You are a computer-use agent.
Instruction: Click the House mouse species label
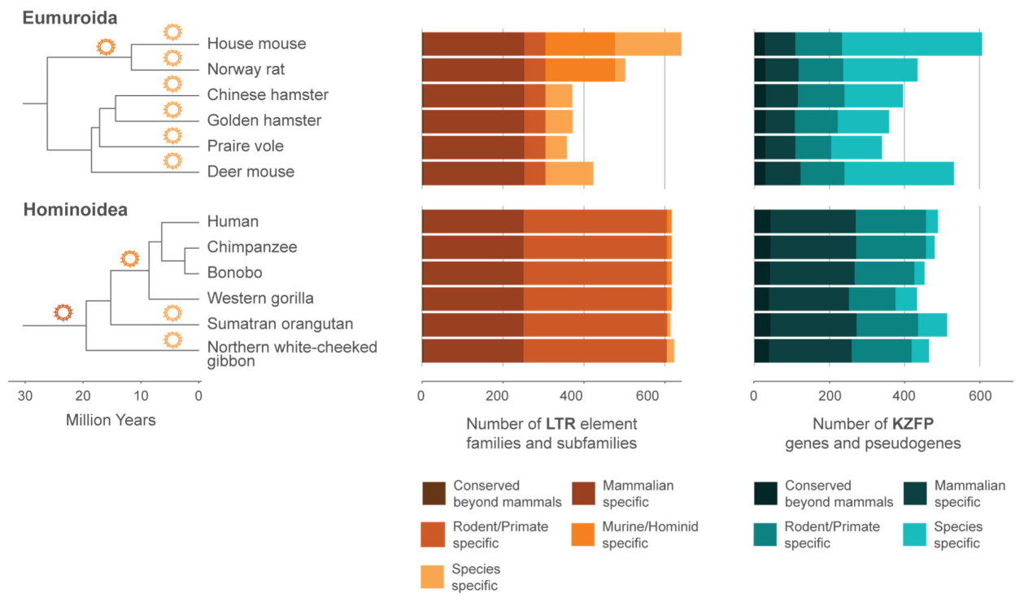[x=256, y=43]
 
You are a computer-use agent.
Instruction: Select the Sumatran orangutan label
[x=280, y=324]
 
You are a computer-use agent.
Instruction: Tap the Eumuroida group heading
[x=70, y=18]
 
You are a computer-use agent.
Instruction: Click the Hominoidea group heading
[x=76, y=209]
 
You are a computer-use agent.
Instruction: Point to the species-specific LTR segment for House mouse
[x=647, y=44]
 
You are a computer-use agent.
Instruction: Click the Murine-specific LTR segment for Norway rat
[x=580, y=70]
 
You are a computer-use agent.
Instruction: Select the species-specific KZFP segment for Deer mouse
[x=900, y=173]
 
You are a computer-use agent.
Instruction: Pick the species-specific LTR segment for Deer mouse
[x=569, y=173]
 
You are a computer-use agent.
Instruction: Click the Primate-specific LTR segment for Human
[x=595, y=221]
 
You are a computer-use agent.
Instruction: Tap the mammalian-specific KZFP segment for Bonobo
[x=812, y=273]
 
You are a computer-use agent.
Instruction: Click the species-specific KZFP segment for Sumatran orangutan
[x=933, y=325]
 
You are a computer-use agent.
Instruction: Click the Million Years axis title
[x=111, y=420]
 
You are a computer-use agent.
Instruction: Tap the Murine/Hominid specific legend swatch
[x=583, y=534]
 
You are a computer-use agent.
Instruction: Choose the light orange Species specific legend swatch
[x=433, y=577]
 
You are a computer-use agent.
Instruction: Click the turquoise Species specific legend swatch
[x=915, y=534]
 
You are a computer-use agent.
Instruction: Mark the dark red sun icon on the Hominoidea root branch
[x=63, y=312]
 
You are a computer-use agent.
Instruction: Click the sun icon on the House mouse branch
[x=172, y=33]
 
